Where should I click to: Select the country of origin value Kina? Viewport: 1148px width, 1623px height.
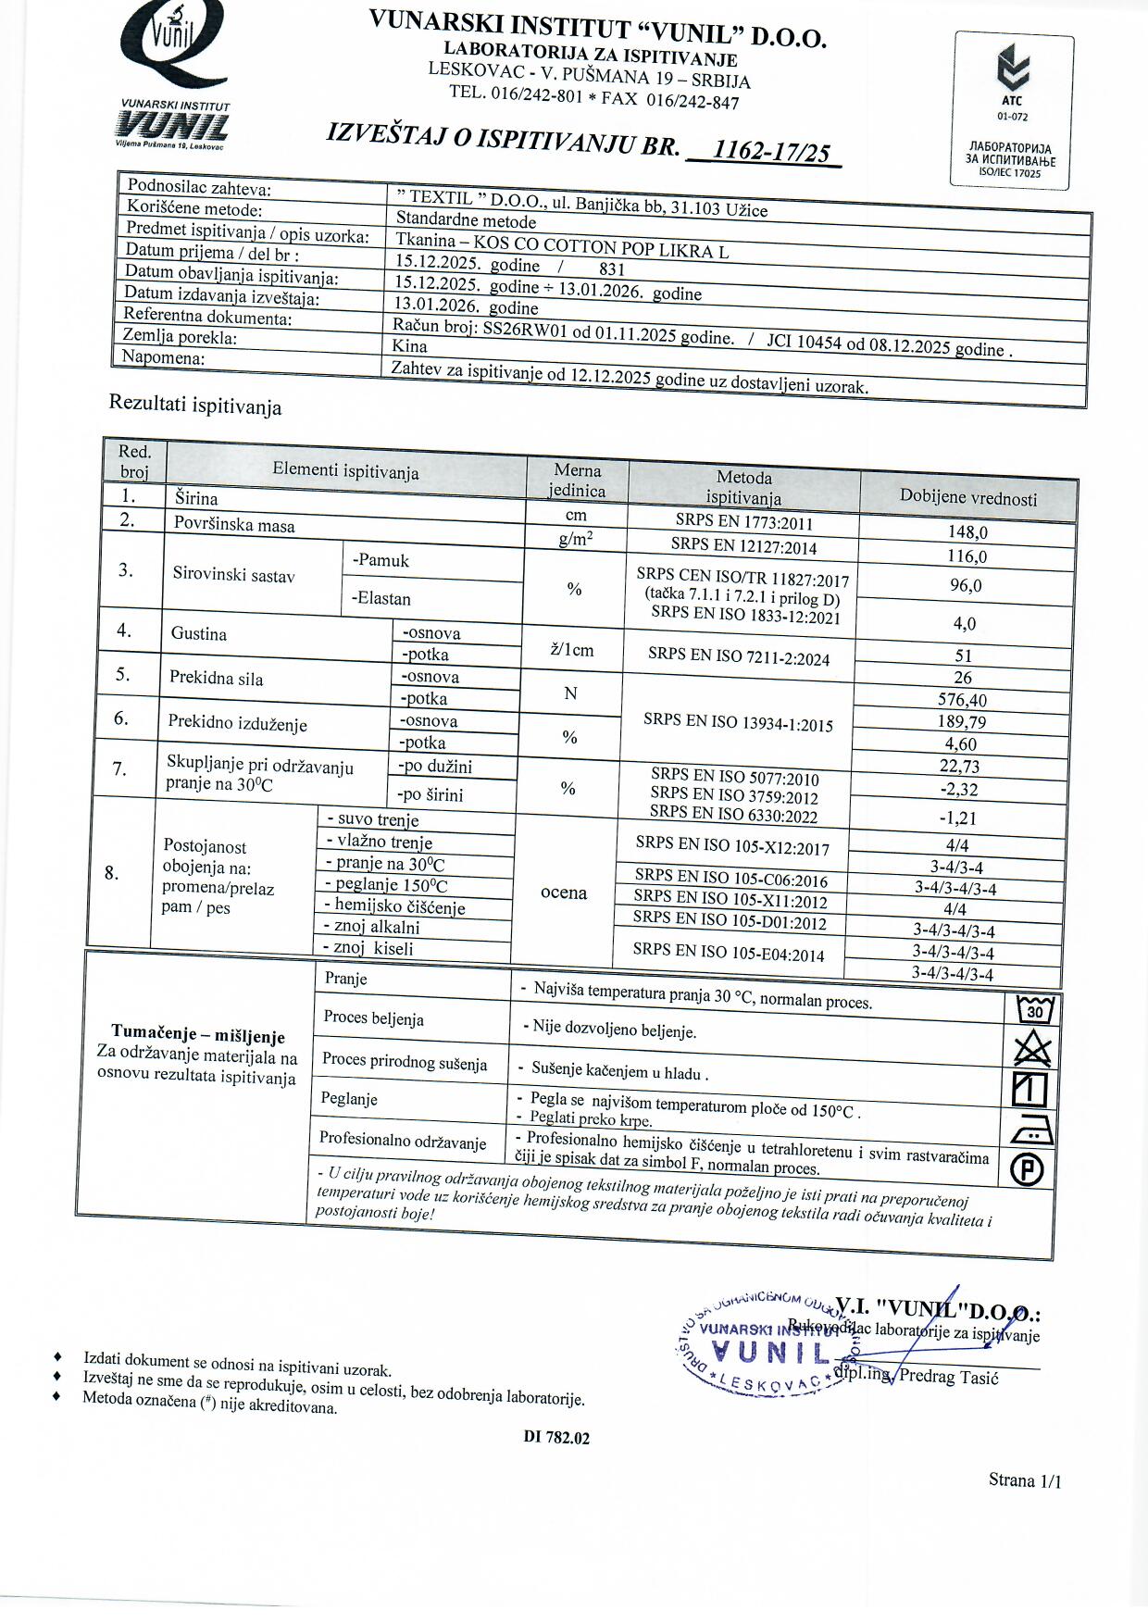(409, 346)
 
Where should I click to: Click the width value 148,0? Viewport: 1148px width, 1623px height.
(967, 532)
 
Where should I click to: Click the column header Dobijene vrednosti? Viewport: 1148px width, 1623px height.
(968, 498)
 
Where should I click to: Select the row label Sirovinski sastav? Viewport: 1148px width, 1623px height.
(233, 575)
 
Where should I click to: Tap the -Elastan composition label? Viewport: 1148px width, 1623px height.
(381, 598)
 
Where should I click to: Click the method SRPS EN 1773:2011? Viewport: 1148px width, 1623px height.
(744, 522)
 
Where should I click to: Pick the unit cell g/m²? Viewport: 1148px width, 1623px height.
(576, 539)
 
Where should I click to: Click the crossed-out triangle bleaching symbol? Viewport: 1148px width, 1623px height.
(1032, 1049)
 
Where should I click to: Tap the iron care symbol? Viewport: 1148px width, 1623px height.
(1030, 1130)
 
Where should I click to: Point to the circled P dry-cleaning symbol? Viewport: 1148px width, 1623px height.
(1027, 1170)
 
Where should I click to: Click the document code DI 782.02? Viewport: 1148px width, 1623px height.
(555, 1438)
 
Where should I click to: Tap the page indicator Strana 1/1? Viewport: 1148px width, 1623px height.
(1024, 1480)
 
